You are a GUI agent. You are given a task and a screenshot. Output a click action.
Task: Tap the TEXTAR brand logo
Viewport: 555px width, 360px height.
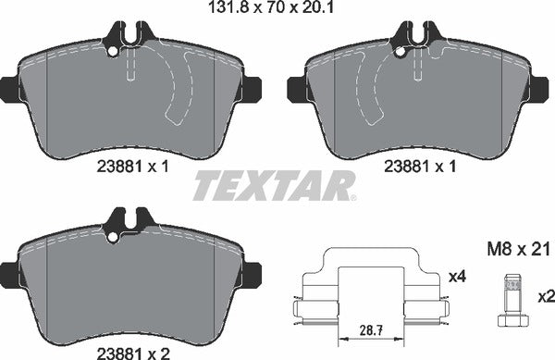(x=273, y=185)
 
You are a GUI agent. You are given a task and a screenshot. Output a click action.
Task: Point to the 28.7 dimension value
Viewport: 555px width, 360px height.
(x=371, y=329)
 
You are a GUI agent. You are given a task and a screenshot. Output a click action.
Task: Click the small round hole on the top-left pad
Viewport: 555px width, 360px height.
(x=113, y=52)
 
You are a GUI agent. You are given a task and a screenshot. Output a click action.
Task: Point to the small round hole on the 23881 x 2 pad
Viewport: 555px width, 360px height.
(x=113, y=239)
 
